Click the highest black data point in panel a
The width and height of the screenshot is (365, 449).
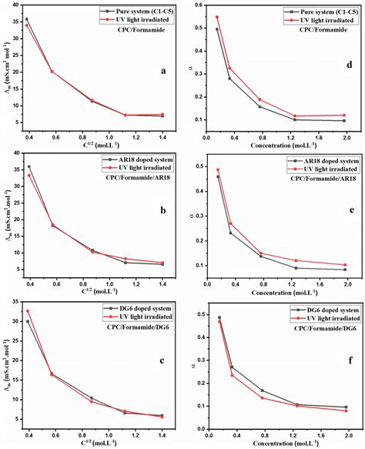[27, 19]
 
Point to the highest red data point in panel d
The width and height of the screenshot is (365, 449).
[216, 17]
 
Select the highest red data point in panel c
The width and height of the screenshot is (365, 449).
[28, 311]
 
